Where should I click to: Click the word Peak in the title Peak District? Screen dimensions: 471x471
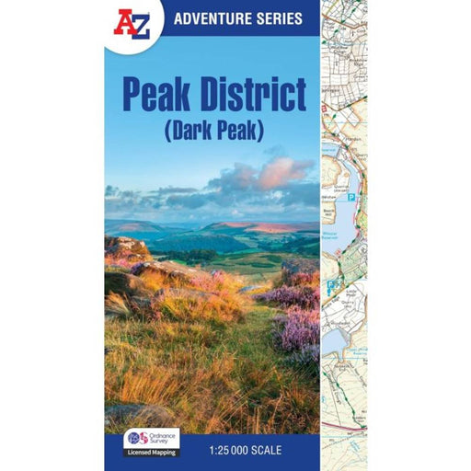click(x=157, y=94)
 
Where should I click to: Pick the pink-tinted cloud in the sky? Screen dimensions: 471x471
click(x=281, y=171)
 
